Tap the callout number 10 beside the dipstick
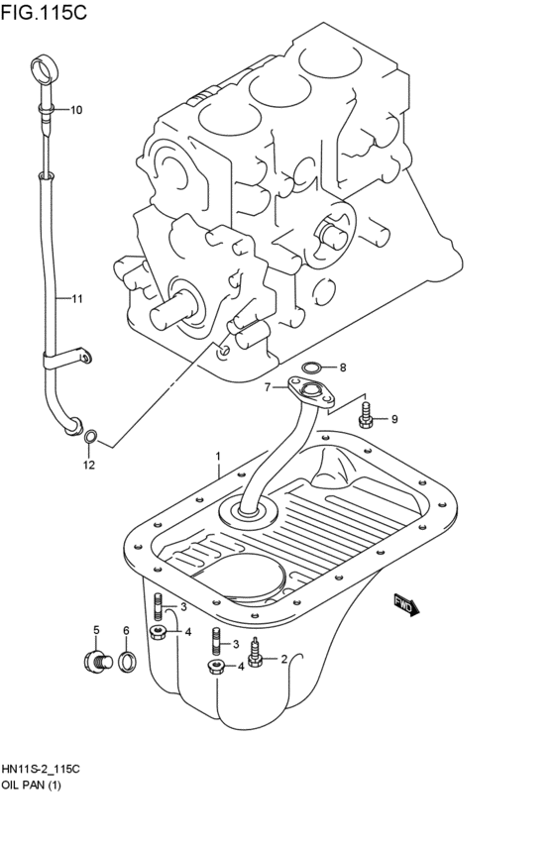pos(76,109)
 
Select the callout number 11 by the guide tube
pos(76,297)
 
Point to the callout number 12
pos(88,465)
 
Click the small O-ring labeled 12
pos(91,435)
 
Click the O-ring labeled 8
pos(312,368)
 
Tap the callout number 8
pos(343,367)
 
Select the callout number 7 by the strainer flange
pos(267,387)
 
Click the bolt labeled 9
pos(366,416)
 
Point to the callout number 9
pos(393,420)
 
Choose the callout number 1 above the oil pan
pos(217,456)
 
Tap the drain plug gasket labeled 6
pos(127,662)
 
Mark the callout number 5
pos(97,630)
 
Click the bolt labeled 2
pos(256,656)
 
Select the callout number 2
pos(283,658)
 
